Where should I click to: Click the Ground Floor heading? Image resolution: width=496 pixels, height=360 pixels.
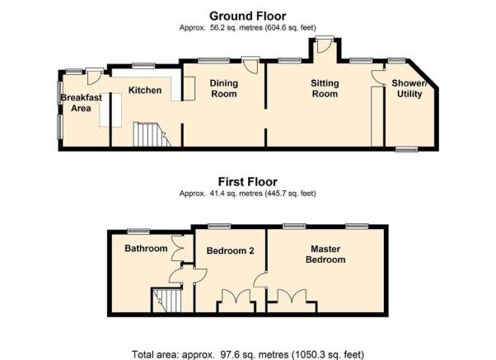(x=248, y=16)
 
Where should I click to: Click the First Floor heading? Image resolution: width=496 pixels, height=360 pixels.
(x=248, y=182)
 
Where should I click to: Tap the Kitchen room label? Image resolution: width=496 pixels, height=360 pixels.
(x=145, y=90)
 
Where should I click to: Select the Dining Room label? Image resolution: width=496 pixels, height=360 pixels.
(x=223, y=89)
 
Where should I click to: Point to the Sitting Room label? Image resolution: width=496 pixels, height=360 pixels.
(x=325, y=89)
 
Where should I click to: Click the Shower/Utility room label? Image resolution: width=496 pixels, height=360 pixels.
(x=409, y=89)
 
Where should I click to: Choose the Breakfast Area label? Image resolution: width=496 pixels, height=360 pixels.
(x=81, y=103)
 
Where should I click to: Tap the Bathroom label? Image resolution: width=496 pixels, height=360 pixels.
(x=146, y=248)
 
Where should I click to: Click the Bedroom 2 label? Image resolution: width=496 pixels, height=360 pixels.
(x=231, y=251)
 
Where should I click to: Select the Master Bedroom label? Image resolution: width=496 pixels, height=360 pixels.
(x=325, y=255)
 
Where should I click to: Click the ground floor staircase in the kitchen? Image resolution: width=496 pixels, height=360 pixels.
(x=152, y=134)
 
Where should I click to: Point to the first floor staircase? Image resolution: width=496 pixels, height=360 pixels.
(x=166, y=300)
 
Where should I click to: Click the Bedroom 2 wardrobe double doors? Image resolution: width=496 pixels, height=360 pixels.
(x=236, y=297)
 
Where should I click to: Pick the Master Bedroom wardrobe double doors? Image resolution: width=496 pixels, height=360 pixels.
(x=292, y=297)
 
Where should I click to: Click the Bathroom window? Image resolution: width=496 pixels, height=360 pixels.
(x=138, y=231)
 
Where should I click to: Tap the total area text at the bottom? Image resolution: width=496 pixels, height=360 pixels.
(x=248, y=354)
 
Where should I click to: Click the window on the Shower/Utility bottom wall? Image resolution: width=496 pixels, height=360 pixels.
(x=407, y=149)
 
